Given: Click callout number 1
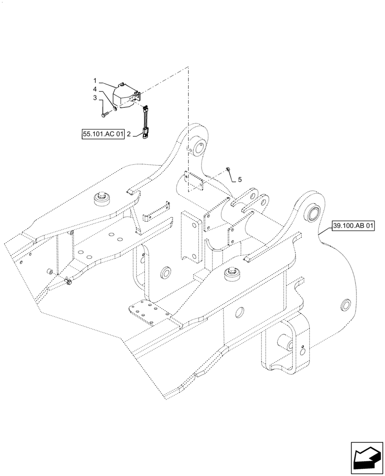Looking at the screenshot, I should point(95,80).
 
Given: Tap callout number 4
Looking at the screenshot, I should point(95,89).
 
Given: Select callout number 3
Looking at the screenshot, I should point(95,98).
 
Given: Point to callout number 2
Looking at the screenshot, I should point(128,135).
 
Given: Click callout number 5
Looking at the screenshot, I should point(240,179).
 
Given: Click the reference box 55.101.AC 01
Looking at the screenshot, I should point(102,135).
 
